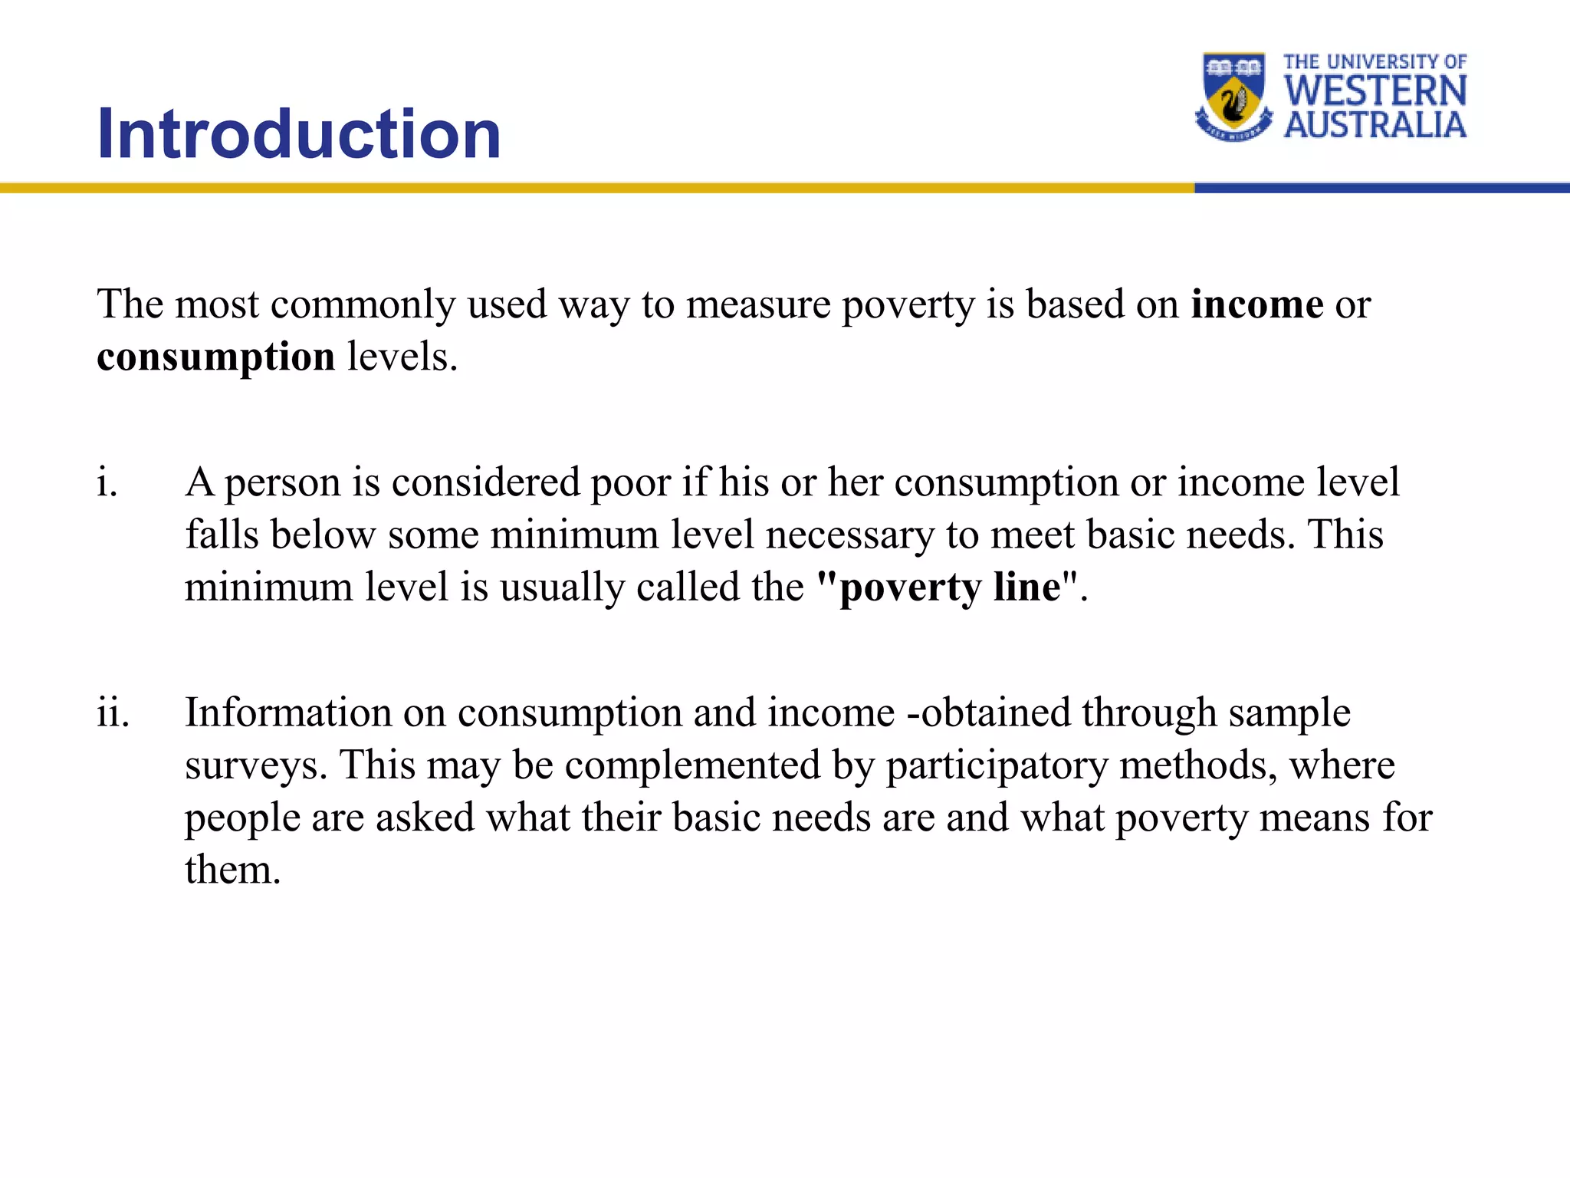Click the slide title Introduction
pos(299,134)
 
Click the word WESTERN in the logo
pos(1375,91)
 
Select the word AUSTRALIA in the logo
pos(1375,125)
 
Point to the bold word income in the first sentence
pos(1256,304)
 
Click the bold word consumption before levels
pos(215,357)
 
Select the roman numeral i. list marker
pos(107,483)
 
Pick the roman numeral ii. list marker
pos(113,713)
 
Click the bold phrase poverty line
pos(950,588)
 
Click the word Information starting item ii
pos(288,713)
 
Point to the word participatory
pos(997,766)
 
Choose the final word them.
pos(232,870)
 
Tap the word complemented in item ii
pos(692,766)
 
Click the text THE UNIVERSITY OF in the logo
pos(1375,61)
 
